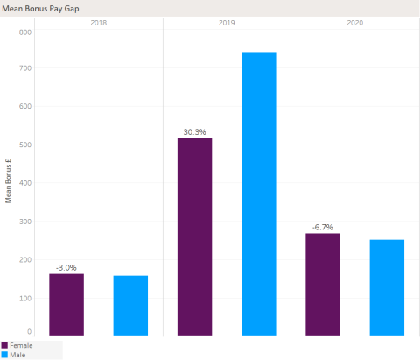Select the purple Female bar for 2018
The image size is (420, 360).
pos(66,305)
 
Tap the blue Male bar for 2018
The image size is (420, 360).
pos(130,306)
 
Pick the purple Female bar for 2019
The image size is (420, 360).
pos(194,236)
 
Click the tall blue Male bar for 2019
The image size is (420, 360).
pos(258,194)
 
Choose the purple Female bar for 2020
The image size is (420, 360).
pos(323,285)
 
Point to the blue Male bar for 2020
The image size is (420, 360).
pos(387,287)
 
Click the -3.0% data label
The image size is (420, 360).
pos(66,267)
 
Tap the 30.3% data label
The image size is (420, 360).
pos(194,132)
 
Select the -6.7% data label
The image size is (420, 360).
pos(323,227)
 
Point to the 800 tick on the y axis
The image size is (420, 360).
pos(24,32)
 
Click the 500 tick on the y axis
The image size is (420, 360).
pos(24,145)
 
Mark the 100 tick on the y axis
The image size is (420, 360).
pos(24,298)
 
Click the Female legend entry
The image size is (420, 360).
pos(20,346)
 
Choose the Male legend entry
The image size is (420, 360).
pos(17,355)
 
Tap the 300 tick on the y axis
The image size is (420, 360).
pos(24,222)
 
